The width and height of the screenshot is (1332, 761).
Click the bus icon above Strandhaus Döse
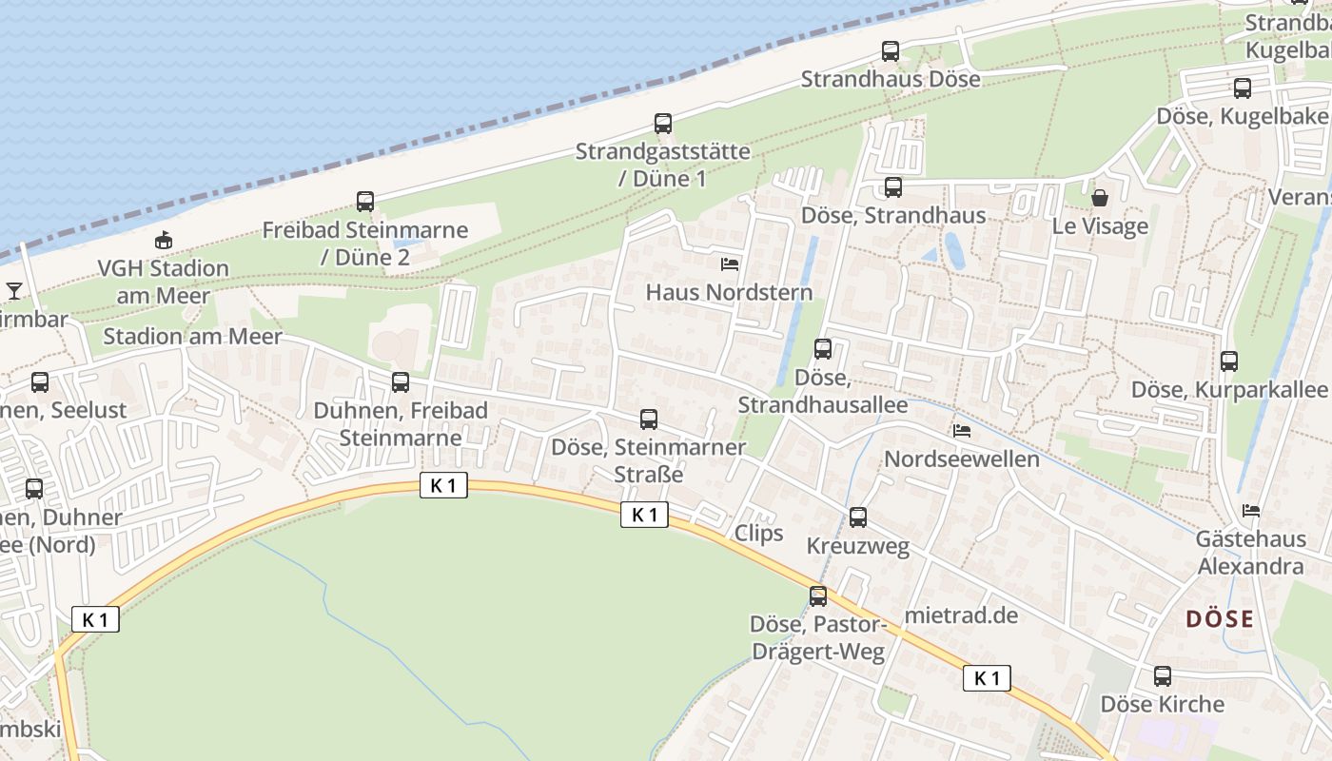(x=891, y=51)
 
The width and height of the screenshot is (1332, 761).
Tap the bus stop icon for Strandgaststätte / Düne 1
(x=663, y=124)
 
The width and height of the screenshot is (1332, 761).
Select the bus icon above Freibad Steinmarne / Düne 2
(x=365, y=202)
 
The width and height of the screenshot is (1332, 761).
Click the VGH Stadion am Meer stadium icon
(x=164, y=241)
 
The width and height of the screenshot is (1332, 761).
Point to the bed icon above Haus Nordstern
(x=730, y=263)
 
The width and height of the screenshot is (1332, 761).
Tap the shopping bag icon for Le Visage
(x=1100, y=198)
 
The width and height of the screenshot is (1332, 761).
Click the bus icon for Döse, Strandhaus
(x=892, y=187)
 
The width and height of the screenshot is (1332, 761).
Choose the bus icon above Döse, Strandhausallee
(x=823, y=349)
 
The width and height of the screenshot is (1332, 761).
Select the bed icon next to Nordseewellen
(x=962, y=431)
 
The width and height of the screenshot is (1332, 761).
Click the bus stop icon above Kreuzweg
(x=858, y=517)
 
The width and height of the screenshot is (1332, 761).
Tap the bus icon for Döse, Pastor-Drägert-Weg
(x=818, y=596)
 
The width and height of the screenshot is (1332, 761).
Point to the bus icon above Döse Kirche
(x=1163, y=676)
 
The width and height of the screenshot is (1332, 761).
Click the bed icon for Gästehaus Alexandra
(x=1251, y=511)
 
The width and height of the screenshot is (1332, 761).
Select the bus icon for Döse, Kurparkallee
(x=1229, y=361)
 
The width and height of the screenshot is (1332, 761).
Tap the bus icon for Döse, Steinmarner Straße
(x=649, y=419)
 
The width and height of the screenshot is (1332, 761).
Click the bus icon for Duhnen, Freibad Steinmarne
(x=401, y=382)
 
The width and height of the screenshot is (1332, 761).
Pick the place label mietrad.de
(x=961, y=615)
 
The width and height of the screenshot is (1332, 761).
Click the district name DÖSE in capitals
(x=1220, y=619)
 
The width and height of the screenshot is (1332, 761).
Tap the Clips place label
(x=758, y=533)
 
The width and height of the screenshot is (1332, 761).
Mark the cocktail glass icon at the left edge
(x=14, y=290)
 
